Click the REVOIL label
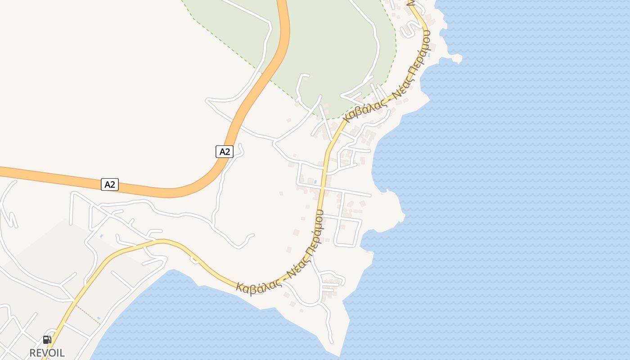click(47, 353)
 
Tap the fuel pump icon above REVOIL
click(47, 339)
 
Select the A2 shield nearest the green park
click(225, 152)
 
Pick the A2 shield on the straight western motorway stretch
click(110, 184)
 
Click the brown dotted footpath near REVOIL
click(87, 314)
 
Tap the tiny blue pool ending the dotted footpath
click(99, 319)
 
